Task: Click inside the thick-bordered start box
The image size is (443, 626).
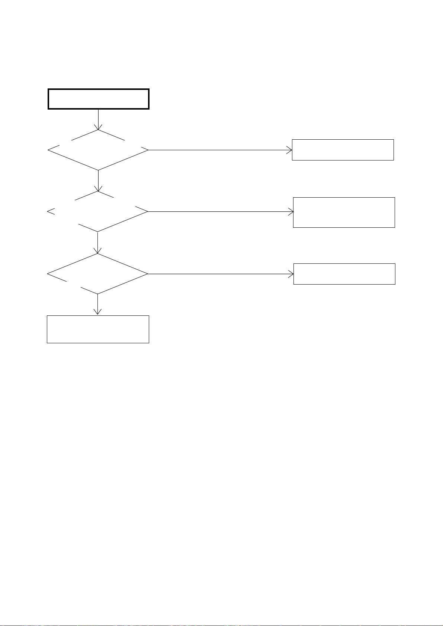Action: point(99,99)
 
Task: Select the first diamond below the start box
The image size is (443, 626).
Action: point(98,150)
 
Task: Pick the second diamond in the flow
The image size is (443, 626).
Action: point(98,212)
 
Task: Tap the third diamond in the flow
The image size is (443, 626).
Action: point(97,274)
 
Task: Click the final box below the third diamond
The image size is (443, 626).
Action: point(98,329)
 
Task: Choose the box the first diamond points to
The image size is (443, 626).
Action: point(343,150)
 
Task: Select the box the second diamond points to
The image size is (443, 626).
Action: point(344,212)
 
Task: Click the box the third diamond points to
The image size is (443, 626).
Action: point(344,274)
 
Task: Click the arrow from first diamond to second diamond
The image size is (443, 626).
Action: point(98,180)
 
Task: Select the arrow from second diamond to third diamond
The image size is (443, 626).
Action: point(97,242)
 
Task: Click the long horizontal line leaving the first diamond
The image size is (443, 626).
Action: point(219,150)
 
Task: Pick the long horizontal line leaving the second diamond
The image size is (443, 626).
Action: point(219,212)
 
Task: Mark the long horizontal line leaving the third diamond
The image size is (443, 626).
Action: point(219,274)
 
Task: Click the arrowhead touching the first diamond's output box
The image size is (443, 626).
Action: point(290,150)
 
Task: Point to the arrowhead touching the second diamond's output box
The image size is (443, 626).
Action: point(291,212)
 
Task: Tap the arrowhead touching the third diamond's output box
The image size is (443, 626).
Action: point(291,274)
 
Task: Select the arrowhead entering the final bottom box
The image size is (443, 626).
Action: point(97,312)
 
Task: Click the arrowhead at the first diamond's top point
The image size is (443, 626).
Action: point(98,127)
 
